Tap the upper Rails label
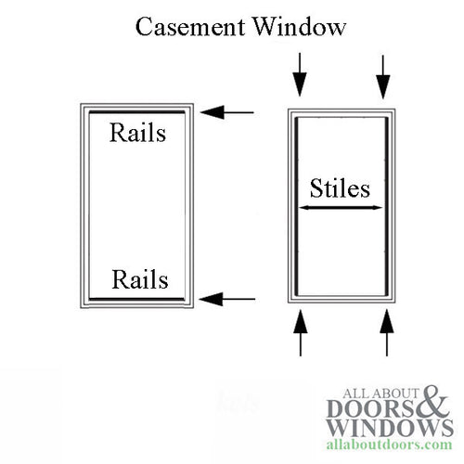(x=137, y=133)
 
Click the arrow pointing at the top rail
(x=226, y=113)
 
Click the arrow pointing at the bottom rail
(x=226, y=299)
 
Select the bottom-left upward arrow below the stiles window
(x=298, y=332)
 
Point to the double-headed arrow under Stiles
(x=339, y=208)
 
